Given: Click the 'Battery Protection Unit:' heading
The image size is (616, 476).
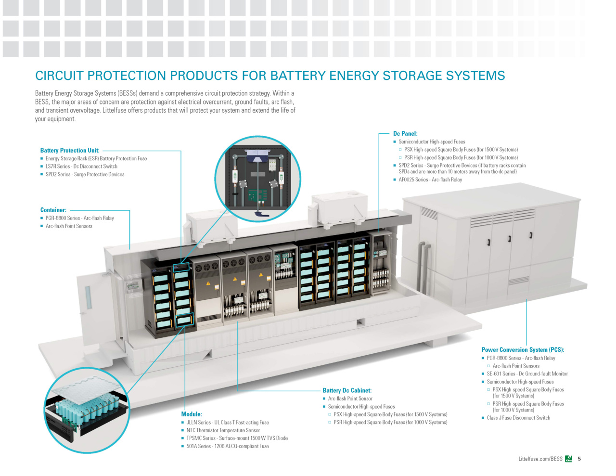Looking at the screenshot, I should pyautogui.click(x=70, y=151).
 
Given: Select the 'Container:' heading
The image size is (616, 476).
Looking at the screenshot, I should pyautogui.click(x=53, y=210).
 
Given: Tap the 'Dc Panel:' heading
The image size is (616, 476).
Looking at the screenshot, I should pyautogui.click(x=405, y=134).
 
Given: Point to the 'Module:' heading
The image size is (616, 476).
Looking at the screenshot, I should pyautogui.click(x=192, y=414).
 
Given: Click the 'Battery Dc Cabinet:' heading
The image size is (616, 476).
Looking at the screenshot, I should pyautogui.click(x=347, y=390).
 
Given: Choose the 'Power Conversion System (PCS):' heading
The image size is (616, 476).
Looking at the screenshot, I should pyautogui.click(x=523, y=350).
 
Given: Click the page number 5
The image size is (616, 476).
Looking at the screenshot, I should pyautogui.click(x=579, y=459).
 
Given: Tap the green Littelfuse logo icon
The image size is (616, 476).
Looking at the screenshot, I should pyautogui.click(x=569, y=459).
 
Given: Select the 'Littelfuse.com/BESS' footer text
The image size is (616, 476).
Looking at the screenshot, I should pyautogui.click(x=540, y=459).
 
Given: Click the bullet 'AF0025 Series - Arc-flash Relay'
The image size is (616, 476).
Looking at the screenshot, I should pyautogui.click(x=430, y=180).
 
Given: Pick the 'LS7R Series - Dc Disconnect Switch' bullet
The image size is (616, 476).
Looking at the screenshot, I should pyautogui.click(x=81, y=167).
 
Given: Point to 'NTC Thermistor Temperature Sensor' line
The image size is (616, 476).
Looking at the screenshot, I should pyautogui.click(x=223, y=430).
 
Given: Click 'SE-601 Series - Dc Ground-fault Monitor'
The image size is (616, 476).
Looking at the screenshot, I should pyautogui.click(x=527, y=374).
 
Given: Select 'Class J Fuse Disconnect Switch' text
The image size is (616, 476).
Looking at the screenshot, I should pyautogui.click(x=518, y=418).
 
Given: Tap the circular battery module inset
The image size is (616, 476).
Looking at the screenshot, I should pyautogui.click(x=87, y=411).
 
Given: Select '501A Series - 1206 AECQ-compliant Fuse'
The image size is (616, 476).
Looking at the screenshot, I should pyautogui.click(x=228, y=446).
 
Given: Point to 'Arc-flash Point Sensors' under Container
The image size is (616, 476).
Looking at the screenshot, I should pyautogui.click(x=69, y=226).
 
